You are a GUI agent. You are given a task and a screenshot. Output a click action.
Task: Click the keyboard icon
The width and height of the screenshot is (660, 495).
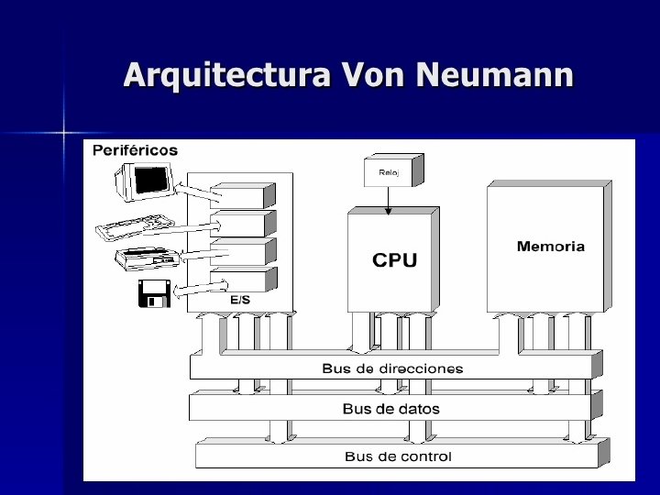[x=132, y=226]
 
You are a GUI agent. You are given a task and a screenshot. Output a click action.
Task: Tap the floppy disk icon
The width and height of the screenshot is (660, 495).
[x=151, y=292]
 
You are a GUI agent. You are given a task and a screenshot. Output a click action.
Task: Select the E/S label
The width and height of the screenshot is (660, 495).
[x=240, y=299]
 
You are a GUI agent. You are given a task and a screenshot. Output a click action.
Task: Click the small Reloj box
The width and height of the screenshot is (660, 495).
[x=386, y=170]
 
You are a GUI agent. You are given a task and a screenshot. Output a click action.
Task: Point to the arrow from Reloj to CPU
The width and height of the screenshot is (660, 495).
[x=387, y=199]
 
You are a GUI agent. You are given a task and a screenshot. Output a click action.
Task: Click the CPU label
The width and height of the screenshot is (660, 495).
[x=394, y=260]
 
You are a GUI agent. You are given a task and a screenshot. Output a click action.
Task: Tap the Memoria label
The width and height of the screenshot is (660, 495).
[x=550, y=247]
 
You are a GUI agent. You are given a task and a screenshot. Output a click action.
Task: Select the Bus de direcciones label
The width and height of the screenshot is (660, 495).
[x=392, y=368]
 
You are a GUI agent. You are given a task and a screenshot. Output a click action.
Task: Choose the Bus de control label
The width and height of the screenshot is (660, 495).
[x=398, y=456]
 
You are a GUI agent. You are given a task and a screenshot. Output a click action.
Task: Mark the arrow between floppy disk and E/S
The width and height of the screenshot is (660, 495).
[x=192, y=289]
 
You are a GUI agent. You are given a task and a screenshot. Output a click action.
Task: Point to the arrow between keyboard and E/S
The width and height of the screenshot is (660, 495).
[x=192, y=225]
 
